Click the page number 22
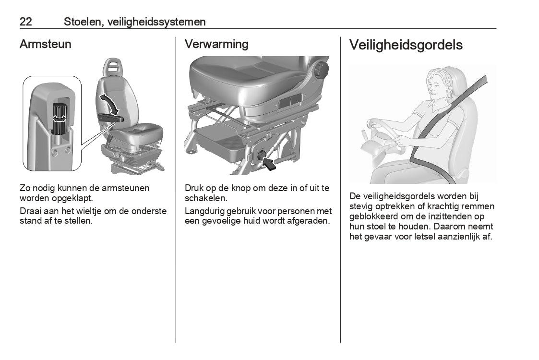(x=26, y=22)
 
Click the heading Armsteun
(x=46, y=44)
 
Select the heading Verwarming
(x=216, y=44)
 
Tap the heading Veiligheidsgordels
(x=406, y=45)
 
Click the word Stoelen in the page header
(x=83, y=22)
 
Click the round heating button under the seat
(x=259, y=156)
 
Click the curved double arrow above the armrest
(x=109, y=104)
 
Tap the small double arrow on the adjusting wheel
(x=59, y=119)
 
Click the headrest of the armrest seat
(x=112, y=67)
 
